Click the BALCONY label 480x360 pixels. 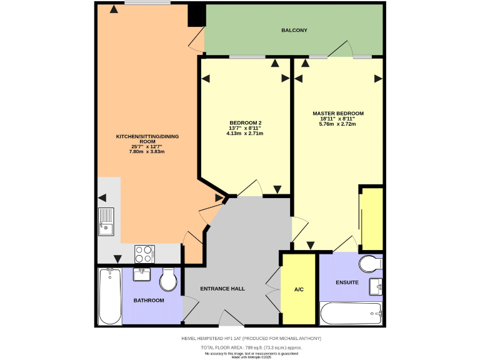point(294,30)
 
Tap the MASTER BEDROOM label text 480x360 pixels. point(337,114)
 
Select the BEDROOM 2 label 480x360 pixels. point(245,122)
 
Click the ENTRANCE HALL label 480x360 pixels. point(222,289)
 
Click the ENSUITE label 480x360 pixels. point(347,282)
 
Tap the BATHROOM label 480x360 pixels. point(149,301)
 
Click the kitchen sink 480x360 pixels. point(106,221)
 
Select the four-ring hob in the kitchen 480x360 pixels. point(144,253)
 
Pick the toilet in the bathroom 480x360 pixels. point(168,281)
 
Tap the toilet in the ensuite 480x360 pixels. point(370,264)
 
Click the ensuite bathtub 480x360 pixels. point(350,313)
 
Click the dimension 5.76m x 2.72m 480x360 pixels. point(337,124)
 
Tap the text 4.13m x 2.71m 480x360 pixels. point(245,133)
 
